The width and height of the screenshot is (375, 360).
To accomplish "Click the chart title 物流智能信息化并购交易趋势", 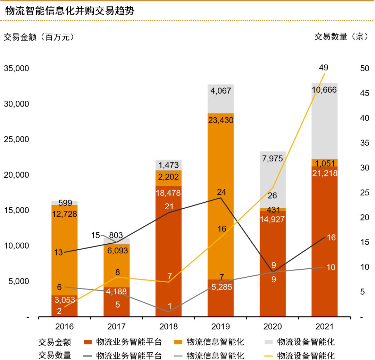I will point(70,10).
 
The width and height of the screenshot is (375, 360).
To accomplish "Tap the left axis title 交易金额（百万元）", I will point(39,37).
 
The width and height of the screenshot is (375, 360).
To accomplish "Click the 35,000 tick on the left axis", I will point(16,68).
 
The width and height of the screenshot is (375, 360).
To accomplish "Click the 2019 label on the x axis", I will point(220,327).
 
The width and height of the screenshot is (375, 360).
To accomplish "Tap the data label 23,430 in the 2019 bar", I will point(220,120).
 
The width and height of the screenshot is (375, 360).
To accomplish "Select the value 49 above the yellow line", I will point(324,67).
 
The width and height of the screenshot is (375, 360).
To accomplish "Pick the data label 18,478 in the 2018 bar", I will point(168,193).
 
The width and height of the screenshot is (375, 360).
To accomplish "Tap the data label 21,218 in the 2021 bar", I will point(324,173).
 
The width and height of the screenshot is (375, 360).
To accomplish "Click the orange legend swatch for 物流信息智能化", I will point(178,342).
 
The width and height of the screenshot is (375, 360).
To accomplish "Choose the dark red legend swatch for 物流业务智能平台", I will point(87,342).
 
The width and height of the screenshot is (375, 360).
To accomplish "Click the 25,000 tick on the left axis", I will point(16,140).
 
